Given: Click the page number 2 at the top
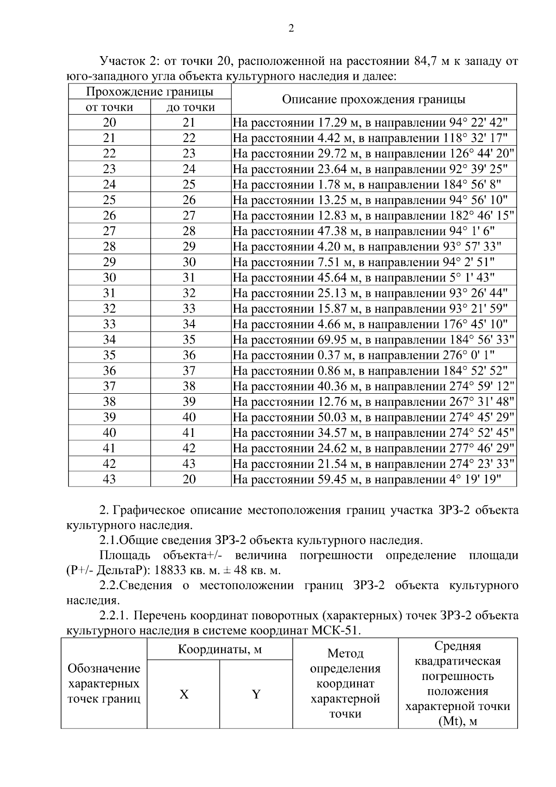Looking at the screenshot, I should pyautogui.click(x=291, y=29).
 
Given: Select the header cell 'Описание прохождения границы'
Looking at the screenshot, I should pyautogui.click(x=373, y=99).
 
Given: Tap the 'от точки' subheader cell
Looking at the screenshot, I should pyautogui.click(x=109, y=108).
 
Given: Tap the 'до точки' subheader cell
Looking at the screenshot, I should pyautogui.click(x=190, y=108).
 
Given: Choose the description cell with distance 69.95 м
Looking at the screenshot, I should pyautogui.click(x=373, y=339).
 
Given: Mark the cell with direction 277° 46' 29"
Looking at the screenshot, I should pyautogui.click(x=373, y=448).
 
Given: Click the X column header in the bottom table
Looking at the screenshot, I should pyautogui.click(x=184, y=694).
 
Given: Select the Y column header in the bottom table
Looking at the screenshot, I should pyautogui.click(x=256, y=694).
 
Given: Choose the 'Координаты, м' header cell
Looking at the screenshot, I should pyautogui.click(x=220, y=649).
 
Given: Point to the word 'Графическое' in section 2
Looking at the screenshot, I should pyautogui.click(x=149, y=511).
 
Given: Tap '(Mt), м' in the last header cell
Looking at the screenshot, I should pyautogui.click(x=457, y=722).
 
